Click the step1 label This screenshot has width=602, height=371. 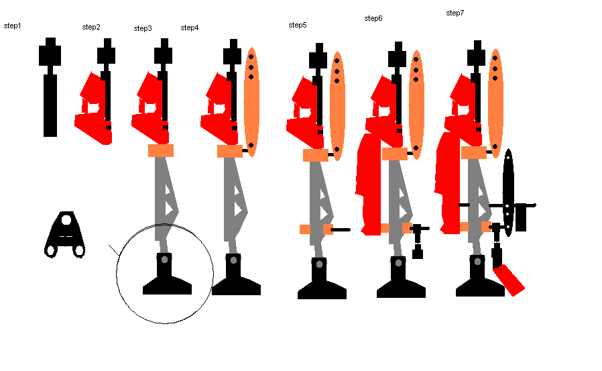point(12,25)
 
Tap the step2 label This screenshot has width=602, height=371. point(91,27)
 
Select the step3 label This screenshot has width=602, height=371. point(143,28)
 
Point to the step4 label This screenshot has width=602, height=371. point(190,28)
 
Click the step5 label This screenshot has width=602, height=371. point(298,25)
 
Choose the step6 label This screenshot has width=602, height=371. point(373,18)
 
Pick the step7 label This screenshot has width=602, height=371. point(455,13)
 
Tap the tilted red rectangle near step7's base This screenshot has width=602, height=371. point(509,280)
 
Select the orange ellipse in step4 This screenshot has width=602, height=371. point(251,102)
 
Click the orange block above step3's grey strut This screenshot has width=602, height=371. point(161,150)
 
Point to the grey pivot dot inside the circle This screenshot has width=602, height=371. point(164,259)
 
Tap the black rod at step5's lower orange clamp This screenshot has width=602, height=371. point(341,229)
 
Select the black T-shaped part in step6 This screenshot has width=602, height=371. point(418,240)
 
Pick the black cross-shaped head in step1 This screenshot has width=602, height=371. point(50,52)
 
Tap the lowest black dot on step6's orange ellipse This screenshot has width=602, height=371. point(416,148)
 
